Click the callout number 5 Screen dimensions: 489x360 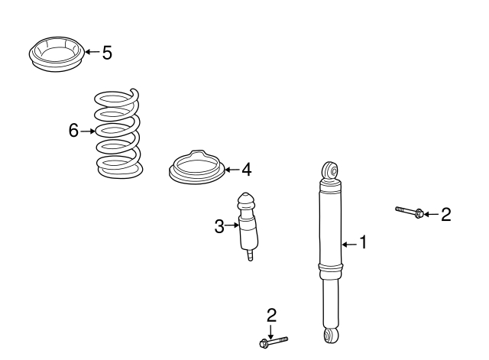[107, 53]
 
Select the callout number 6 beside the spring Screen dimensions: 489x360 [73, 130]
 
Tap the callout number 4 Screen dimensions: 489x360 [246, 170]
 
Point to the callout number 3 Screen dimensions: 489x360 [219, 226]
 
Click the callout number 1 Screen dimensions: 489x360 [364, 242]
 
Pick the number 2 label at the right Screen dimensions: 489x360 [446, 214]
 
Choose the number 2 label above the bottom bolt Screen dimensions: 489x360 [272, 315]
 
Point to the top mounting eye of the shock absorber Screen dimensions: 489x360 [331, 170]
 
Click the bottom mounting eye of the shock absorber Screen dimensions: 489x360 [331, 336]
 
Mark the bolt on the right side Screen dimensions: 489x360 [410, 212]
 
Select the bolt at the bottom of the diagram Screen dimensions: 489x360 [274, 342]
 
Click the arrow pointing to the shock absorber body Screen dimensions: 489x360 [350, 245]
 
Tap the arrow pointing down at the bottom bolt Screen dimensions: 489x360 [270, 332]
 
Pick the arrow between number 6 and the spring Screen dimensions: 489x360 [88, 131]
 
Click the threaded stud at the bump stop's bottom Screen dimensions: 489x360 [250, 255]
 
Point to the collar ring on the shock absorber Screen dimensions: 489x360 [331, 267]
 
